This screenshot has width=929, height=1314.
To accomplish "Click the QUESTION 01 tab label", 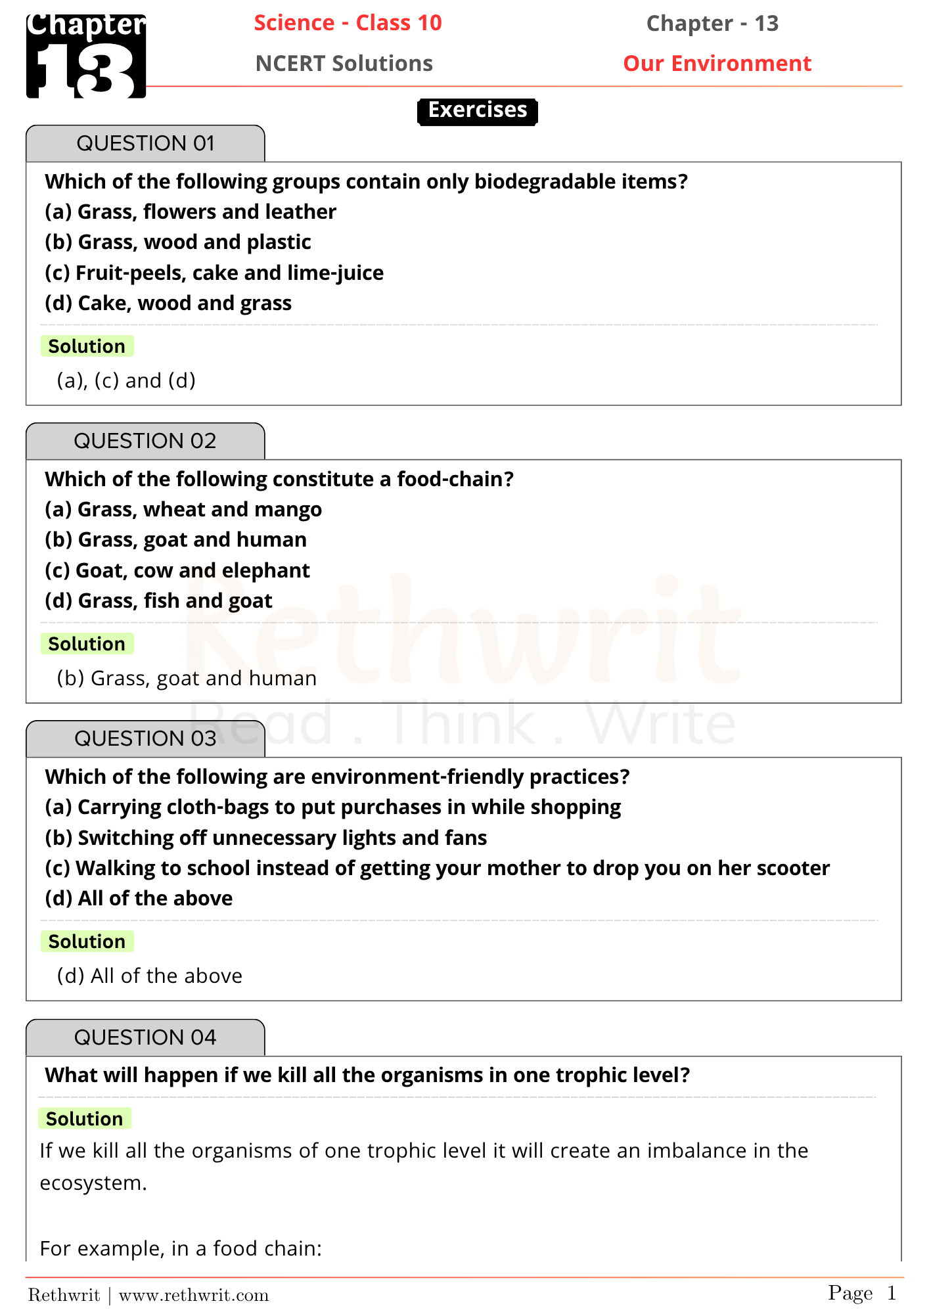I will coord(145,143).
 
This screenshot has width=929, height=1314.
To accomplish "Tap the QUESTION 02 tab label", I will coord(145,441).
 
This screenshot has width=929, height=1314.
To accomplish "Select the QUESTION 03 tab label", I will coord(145,738).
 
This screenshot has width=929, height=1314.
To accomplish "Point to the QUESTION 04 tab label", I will coord(145,1037).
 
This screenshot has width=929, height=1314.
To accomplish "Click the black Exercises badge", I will coord(478,110).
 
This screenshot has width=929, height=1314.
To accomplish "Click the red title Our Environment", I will coord(717,64).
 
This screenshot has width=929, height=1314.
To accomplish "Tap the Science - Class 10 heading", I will coord(348,23).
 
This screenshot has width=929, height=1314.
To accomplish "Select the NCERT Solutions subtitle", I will coord(344,64).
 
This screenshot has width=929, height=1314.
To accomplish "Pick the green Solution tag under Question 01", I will coord(87,346).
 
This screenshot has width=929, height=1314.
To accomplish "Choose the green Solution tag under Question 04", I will coord(84,1119).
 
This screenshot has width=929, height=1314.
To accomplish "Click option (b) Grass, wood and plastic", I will coord(177,242).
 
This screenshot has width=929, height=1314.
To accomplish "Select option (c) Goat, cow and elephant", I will coord(177,571).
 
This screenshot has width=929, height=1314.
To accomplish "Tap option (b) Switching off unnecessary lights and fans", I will coord(265,838).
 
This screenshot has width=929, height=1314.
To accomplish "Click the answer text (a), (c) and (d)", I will coord(126,381).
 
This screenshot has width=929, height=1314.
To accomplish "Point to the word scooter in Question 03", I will coord(793,869).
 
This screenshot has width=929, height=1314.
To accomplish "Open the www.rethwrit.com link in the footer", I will coord(194,1296).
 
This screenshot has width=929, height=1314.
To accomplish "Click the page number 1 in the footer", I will coord(892,1294).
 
